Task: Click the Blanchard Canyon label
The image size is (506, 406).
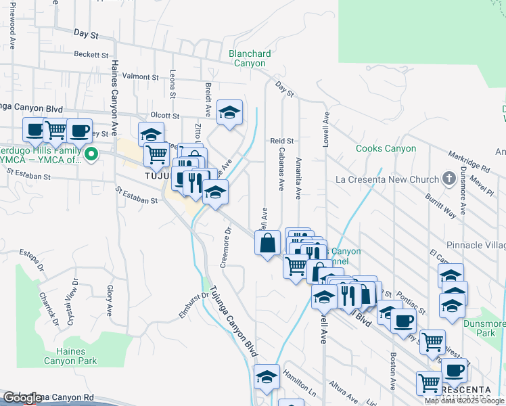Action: coord(250,58)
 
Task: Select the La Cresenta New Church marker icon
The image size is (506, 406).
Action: coord(448,179)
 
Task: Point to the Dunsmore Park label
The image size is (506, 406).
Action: coord(485,328)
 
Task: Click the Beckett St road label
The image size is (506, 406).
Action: coord(91,53)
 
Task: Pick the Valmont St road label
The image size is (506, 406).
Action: coord(140,76)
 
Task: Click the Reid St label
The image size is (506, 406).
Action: coord(281,141)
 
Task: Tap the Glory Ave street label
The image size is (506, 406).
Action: coord(109,300)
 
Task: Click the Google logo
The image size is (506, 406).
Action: coord(22,399)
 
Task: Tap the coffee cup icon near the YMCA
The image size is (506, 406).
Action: coord(79,130)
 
